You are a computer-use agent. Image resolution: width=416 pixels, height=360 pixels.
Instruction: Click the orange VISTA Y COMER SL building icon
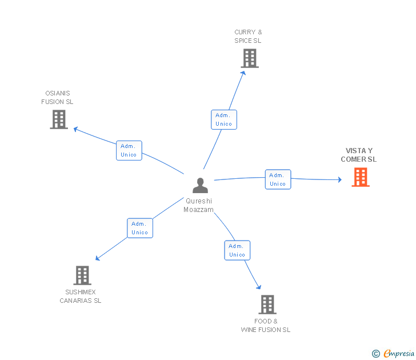360,177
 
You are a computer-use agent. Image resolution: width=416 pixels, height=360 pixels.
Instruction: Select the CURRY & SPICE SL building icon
249,58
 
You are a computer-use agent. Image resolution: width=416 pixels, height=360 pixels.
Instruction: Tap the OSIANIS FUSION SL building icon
59,119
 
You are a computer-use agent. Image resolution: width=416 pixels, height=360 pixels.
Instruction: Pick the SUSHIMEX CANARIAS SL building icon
82,275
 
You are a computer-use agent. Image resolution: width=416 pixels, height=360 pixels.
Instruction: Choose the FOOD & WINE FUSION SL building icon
267,305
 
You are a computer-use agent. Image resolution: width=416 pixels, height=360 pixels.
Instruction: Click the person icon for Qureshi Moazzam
200,186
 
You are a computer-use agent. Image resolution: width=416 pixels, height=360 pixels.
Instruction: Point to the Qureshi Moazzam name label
198,205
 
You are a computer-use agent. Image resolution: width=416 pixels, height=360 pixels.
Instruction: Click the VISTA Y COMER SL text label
359,155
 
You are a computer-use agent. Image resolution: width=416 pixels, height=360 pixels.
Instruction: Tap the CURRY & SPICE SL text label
248,37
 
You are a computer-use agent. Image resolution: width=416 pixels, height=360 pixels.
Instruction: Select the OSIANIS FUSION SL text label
57,98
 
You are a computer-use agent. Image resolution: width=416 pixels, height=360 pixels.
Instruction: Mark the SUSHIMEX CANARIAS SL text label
81,297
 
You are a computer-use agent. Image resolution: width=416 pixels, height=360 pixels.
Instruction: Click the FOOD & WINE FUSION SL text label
266,326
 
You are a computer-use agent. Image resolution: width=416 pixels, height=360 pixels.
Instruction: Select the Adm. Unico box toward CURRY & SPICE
223,119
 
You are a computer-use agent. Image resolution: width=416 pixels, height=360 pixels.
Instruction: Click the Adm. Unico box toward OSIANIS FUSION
129,150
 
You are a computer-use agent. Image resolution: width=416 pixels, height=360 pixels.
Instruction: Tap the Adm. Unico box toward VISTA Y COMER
278,179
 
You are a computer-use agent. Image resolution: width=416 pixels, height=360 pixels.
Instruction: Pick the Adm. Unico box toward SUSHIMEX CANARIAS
139,228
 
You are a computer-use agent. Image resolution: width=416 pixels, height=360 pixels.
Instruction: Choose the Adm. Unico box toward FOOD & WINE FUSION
237,250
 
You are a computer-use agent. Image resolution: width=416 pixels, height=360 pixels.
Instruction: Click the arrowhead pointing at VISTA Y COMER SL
339,180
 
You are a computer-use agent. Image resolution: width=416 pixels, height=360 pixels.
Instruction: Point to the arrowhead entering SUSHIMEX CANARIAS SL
98,258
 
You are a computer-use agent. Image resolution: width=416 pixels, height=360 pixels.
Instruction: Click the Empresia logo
394,354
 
